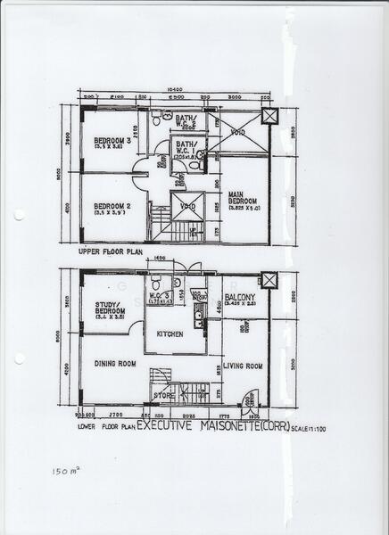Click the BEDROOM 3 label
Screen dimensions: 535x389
[112, 140]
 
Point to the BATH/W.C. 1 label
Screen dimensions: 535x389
[186, 147]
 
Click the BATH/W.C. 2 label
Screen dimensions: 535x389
[186, 119]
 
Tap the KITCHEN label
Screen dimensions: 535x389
[170, 333]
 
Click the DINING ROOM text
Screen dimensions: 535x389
[115, 363]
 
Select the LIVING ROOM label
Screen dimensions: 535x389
[243, 366]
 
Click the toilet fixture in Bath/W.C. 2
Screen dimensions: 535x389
[156, 116]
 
